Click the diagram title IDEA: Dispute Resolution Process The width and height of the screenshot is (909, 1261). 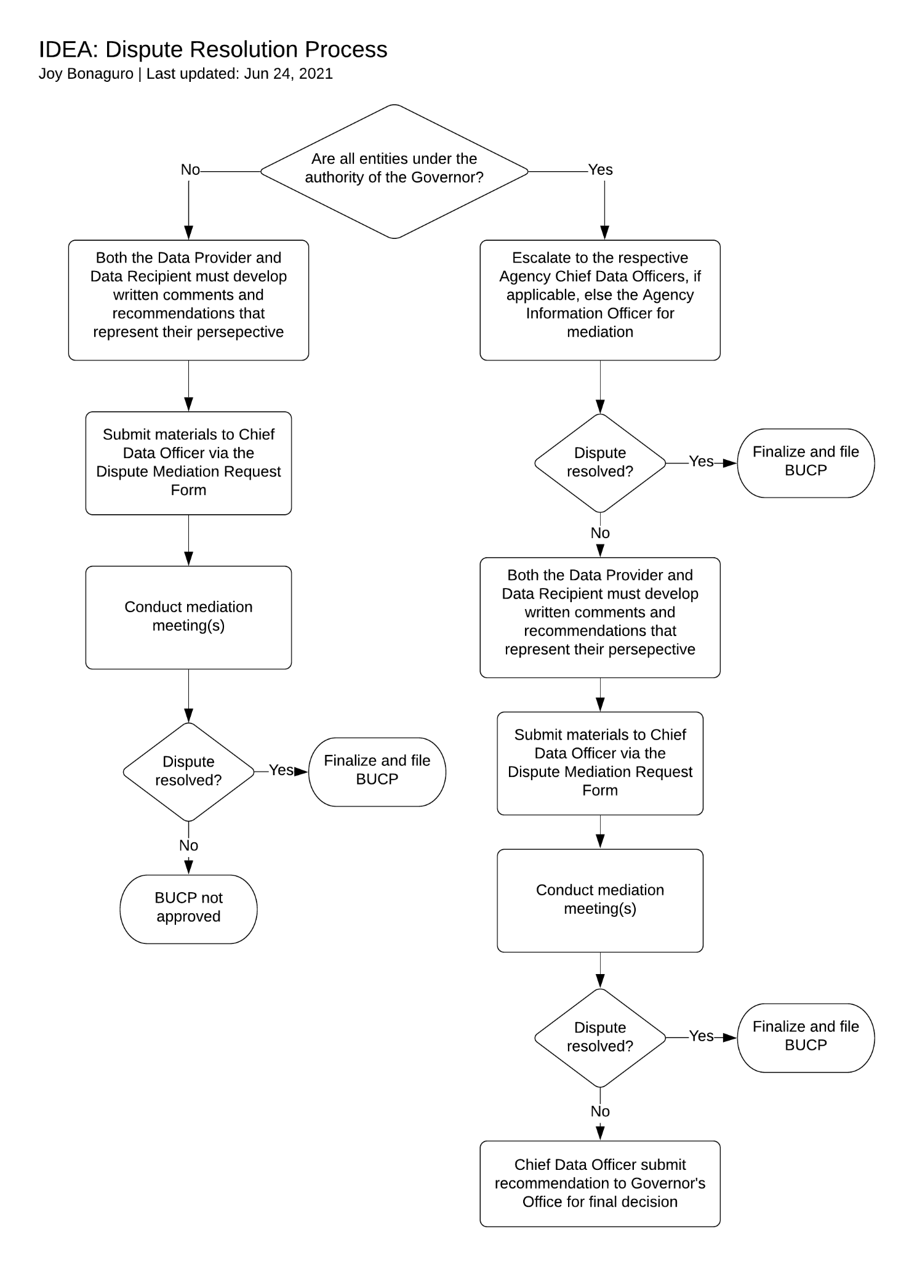point(213,49)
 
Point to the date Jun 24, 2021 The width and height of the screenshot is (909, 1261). point(288,74)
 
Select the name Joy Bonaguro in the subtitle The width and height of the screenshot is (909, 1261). point(86,74)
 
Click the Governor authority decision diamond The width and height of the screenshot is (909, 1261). point(394,171)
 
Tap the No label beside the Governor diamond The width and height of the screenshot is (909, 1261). point(190,170)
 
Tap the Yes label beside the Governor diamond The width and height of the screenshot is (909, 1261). point(601,170)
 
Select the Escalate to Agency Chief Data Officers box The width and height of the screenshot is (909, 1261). point(600,300)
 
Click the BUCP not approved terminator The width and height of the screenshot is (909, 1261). point(188,909)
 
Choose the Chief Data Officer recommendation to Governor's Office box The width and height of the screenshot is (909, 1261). point(600,1183)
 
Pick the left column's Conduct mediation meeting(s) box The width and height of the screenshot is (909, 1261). point(188,618)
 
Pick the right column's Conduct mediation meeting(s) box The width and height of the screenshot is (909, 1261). point(600,901)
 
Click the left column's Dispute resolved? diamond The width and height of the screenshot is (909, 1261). point(188,772)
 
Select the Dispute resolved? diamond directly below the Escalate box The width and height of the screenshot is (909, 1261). point(600,462)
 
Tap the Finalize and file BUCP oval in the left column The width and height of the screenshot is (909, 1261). point(377,772)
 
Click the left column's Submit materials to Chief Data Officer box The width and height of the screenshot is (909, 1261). point(188,463)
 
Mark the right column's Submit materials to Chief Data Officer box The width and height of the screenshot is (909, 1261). point(600,763)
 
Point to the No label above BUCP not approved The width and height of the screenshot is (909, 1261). point(188,846)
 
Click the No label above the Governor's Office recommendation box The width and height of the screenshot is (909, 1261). point(600,1111)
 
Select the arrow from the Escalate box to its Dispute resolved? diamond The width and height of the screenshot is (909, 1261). point(600,387)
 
